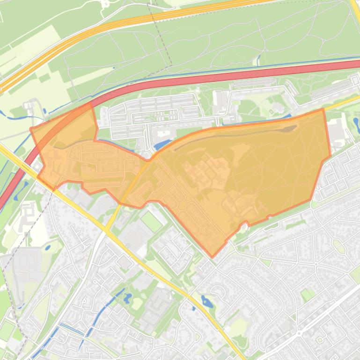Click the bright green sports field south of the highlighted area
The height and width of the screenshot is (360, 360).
tap(151, 221)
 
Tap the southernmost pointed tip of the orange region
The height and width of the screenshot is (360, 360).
tap(212, 257)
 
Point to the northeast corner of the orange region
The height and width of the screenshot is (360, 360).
tap(323, 109)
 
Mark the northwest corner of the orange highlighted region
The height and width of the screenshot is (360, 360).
tap(31, 128)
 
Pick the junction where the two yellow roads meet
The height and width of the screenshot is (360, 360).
tap(107, 230)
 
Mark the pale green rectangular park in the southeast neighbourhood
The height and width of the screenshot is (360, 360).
tap(308, 295)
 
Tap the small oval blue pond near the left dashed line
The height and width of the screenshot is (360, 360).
tap(47, 247)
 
